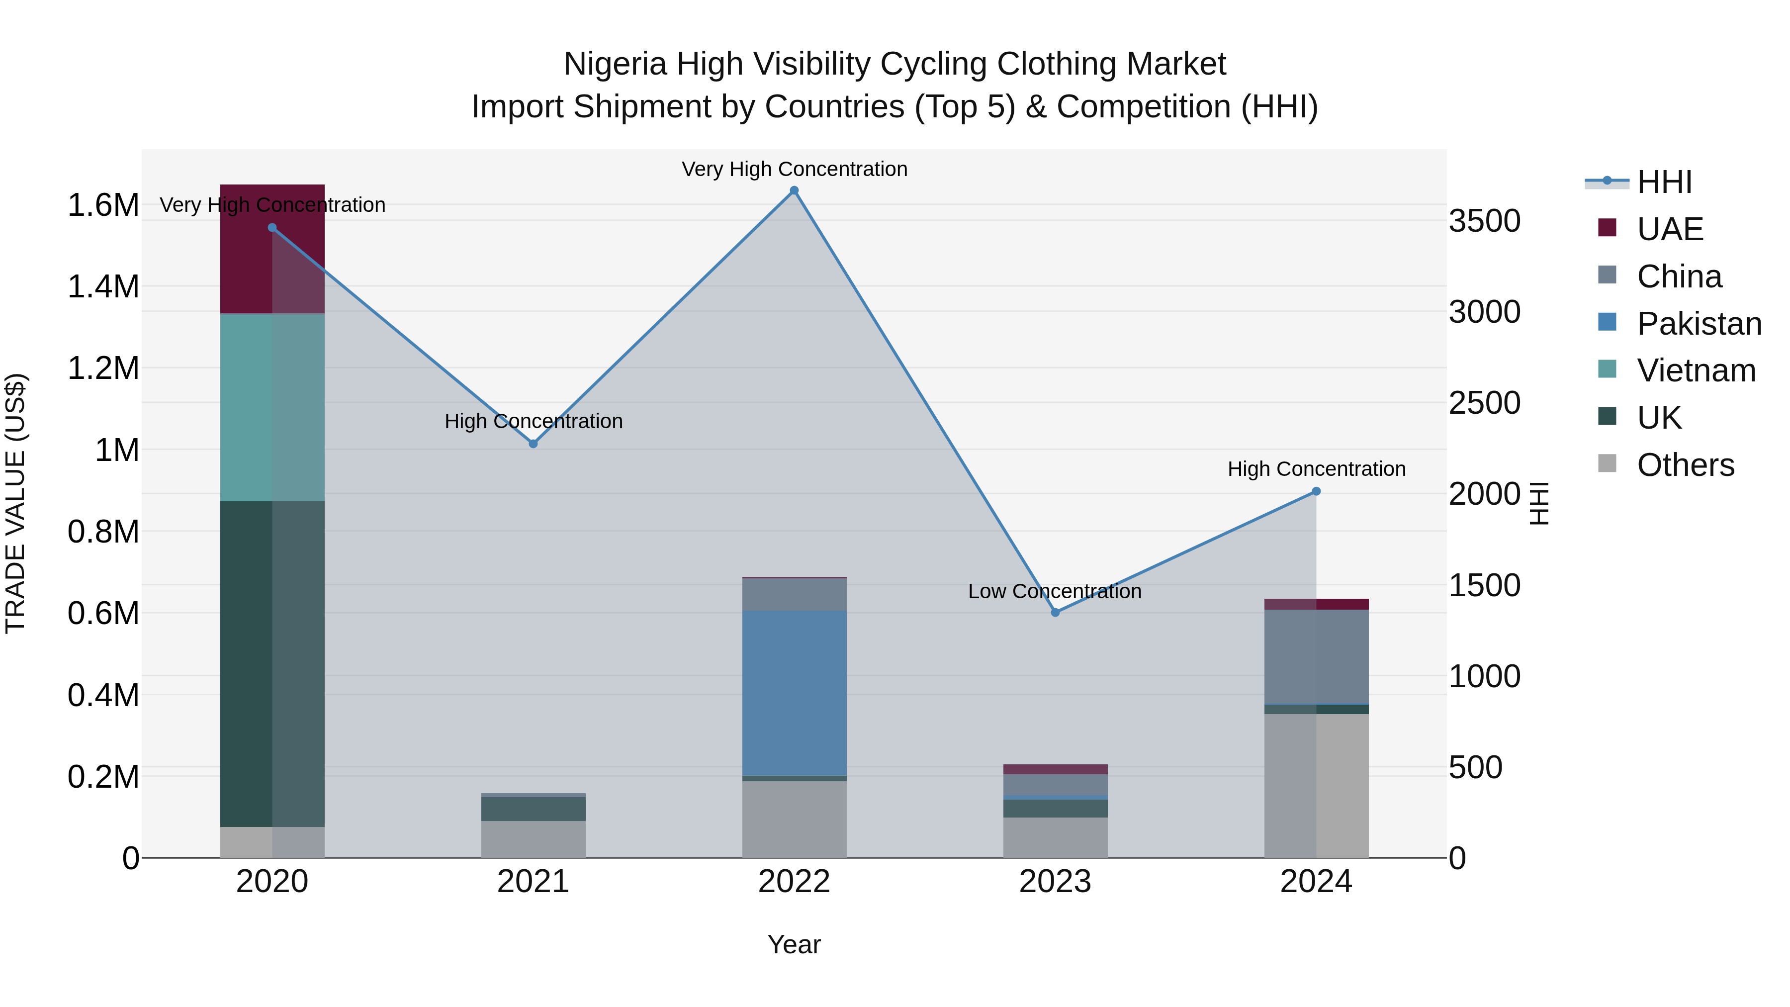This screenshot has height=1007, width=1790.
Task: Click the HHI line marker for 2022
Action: pyautogui.click(x=794, y=190)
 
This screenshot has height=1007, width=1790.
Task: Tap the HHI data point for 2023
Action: pyautogui.click(x=1055, y=612)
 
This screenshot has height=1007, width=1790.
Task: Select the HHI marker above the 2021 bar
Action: pyautogui.click(x=533, y=444)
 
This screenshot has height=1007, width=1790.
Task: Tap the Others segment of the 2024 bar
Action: pyautogui.click(x=1316, y=785)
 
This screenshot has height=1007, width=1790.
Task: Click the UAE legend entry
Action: pyautogui.click(x=1669, y=229)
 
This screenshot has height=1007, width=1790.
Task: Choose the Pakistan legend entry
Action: pyautogui.click(x=1699, y=324)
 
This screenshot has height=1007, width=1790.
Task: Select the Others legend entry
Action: pyautogui.click(x=1685, y=465)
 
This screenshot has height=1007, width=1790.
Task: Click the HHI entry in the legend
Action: pyautogui.click(x=1664, y=182)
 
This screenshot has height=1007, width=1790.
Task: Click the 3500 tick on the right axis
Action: pyautogui.click(x=1484, y=221)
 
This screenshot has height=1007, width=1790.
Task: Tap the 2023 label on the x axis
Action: pyautogui.click(x=1055, y=882)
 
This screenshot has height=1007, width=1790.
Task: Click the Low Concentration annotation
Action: pyautogui.click(x=1054, y=591)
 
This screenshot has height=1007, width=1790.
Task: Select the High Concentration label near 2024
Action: pyautogui.click(x=1316, y=469)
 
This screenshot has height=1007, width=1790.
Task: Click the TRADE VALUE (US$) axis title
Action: pyautogui.click(x=15, y=503)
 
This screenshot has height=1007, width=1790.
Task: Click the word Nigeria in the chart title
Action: pyautogui.click(x=614, y=64)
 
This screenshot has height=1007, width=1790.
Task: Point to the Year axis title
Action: pyautogui.click(x=794, y=944)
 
